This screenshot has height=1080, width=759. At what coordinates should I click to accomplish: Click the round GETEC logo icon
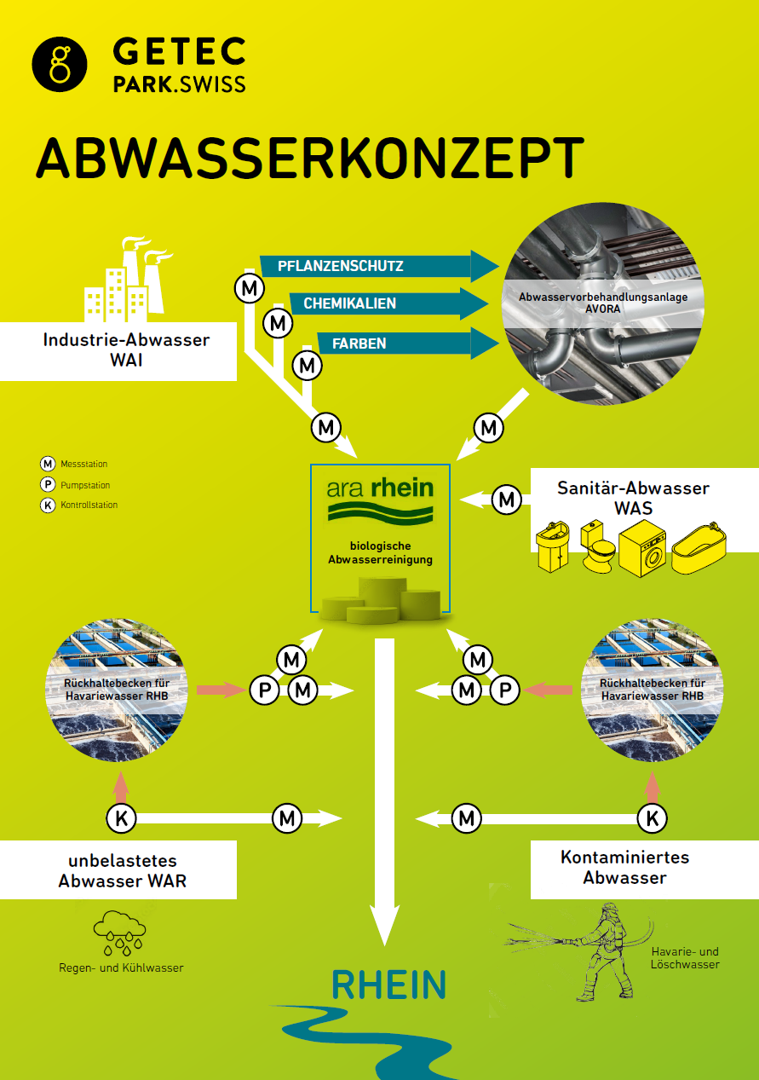point(60,64)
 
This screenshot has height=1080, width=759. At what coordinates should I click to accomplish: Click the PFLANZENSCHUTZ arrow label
point(340,266)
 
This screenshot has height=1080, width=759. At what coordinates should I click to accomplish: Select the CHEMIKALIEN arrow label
point(349,303)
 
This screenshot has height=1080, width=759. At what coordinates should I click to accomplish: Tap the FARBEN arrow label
point(359,344)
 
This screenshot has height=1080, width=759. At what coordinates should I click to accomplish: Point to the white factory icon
point(128,279)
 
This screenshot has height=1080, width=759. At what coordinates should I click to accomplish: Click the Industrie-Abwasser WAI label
point(126,350)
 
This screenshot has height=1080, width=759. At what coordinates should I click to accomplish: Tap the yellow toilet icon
point(598,546)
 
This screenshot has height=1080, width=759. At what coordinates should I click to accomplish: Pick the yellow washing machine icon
point(642,548)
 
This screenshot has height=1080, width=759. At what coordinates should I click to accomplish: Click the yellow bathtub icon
point(699,552)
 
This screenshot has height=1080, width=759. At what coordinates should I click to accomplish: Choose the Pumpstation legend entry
point(75,484)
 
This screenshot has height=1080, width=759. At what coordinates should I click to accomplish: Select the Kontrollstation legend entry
point(79,505)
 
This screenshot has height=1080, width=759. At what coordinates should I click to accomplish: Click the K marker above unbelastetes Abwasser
point(121,818)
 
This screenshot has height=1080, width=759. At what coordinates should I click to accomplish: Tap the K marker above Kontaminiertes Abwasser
point(652,818)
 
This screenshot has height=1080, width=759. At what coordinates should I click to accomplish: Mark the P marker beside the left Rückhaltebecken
point(264,690)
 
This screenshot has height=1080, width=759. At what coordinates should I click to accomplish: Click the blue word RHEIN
point(388,985)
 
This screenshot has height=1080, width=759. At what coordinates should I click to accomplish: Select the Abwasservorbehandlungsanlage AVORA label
point(603,303)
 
